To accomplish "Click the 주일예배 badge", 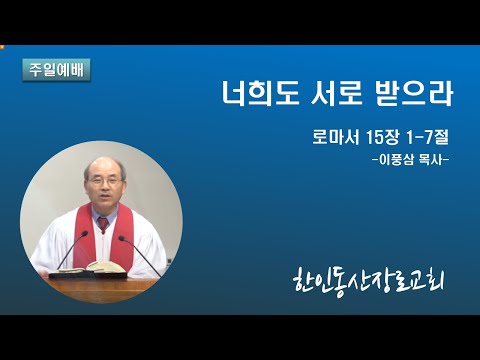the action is click(x=56, y=70).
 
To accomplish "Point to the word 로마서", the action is click(x=336, y=137).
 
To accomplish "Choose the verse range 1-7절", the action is click(x=427, y=137).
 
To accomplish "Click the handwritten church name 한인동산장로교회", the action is click(x=369, y=284).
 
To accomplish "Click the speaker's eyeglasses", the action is click(x=104, y=181).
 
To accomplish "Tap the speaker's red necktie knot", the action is click(x=103, y=222).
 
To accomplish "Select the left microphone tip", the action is click(x=85, y=233).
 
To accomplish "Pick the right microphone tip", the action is click(x=122, y=238).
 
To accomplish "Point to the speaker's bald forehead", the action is click(x=103, y=167).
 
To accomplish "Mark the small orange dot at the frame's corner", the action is click(x=1, y=47).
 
